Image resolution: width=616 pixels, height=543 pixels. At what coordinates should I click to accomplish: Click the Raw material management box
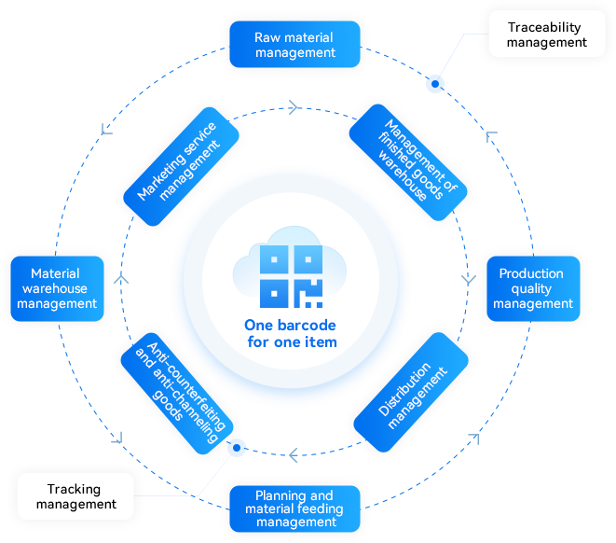(x=294, y=45)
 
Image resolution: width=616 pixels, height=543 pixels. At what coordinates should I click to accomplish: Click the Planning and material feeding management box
(x=294, y=508)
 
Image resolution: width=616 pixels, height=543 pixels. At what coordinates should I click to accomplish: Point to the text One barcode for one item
(x=291, y=334)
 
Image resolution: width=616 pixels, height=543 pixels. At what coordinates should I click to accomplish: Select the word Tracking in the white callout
(x=75, y=489)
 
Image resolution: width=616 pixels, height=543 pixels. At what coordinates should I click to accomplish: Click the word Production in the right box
(x=531, y=273)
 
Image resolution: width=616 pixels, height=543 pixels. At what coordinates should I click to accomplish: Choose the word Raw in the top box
(x=267, y=37)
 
